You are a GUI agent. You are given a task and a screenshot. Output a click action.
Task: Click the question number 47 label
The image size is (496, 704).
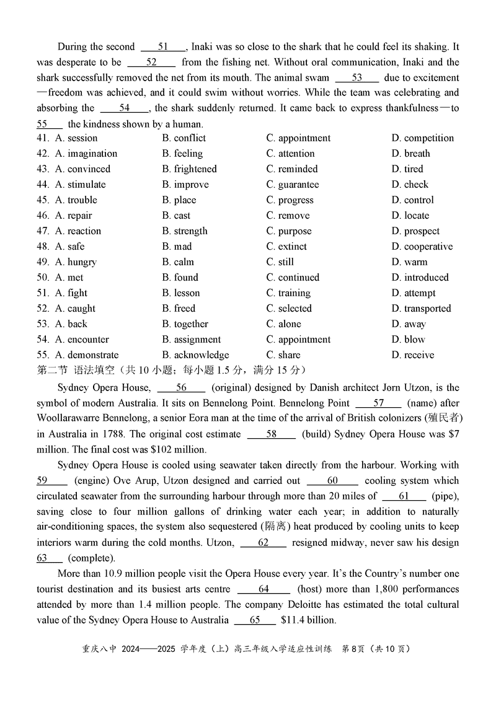point(43,231)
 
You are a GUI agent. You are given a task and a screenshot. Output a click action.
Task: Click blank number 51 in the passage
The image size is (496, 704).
point(164,47)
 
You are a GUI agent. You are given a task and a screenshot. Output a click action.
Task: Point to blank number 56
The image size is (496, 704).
point(181,388)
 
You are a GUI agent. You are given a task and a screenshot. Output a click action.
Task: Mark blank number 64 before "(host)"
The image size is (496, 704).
point(263,589)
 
